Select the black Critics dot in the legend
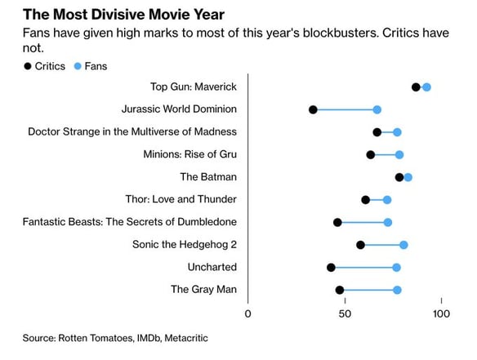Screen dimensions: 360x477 (29, 65)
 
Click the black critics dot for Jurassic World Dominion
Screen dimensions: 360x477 (313, 109)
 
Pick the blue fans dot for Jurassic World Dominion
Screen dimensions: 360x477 (377, 109)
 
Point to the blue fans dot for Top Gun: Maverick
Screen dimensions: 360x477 (426, 87)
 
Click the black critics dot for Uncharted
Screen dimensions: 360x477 (331, 267)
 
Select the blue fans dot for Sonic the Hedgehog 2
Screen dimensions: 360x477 (403, 245)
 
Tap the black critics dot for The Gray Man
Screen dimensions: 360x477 (339, 290)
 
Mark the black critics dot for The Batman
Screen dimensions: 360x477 (399, 177)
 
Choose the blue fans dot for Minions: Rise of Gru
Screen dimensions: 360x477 (399, 154)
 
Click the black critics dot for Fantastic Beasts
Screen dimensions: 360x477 (337, 222)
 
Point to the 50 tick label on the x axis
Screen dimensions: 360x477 (345, 314)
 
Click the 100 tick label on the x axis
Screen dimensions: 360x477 (441, 314)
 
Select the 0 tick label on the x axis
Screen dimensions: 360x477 (248, 314)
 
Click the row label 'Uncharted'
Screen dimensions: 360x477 (211, 267)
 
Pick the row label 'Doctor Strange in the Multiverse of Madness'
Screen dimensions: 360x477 (132, 131)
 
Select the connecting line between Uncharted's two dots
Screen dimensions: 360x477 (363, 267)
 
